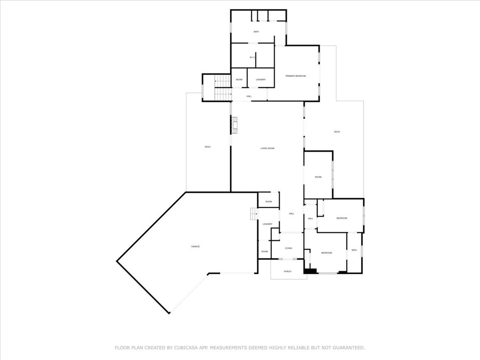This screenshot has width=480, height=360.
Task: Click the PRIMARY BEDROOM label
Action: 296,76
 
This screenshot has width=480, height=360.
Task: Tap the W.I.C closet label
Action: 252,58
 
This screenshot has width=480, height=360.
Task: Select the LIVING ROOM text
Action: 267,149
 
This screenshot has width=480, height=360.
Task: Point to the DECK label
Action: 337,132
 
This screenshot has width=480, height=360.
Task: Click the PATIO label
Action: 208,147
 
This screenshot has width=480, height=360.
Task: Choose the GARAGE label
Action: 195,247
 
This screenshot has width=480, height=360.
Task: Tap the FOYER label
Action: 288,248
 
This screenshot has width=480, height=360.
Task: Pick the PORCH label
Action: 288,271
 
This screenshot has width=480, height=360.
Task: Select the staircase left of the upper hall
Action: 223,88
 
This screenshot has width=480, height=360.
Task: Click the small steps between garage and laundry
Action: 254,213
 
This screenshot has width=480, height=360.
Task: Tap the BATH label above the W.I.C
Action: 256,32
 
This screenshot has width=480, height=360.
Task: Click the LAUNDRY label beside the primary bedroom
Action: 261,80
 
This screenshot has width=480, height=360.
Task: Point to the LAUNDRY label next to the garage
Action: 267,224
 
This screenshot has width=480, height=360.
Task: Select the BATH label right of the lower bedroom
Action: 354,250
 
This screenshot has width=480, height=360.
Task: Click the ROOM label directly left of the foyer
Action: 264,252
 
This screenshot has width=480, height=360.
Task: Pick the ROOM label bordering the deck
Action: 318,177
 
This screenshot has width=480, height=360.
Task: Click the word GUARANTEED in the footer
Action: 348,348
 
